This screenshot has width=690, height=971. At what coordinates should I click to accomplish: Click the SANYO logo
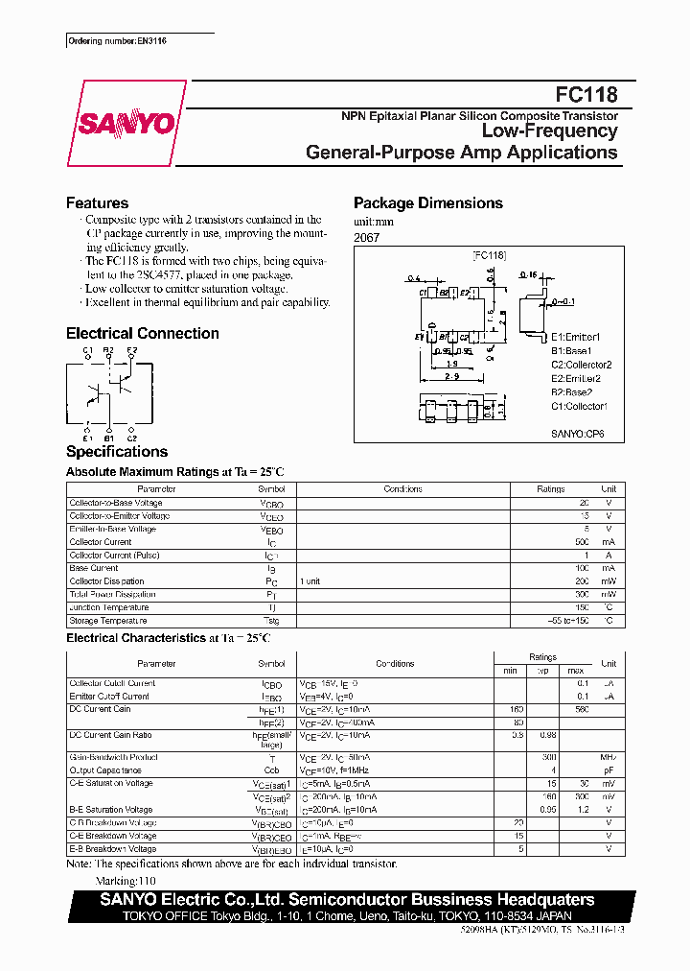click(126, 123)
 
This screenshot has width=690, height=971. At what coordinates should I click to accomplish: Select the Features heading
click(97, 203)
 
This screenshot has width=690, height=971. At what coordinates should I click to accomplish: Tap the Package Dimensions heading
click(427, 203)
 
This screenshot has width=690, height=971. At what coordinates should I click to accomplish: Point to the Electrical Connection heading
click(142, 334)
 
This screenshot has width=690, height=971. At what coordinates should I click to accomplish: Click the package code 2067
click(367, 237)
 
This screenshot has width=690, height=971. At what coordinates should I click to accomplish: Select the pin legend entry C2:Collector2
click(581, 365)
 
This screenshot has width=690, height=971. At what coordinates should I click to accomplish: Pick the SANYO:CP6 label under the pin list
click(577, 434)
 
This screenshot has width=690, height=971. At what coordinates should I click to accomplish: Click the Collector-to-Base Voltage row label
click(116, 503)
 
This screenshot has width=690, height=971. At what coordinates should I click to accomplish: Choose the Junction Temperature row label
click(109, 607)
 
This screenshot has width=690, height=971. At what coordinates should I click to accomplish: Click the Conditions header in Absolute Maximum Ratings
click(402, 489)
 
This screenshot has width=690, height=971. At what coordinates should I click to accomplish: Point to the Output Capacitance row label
click(105, 770)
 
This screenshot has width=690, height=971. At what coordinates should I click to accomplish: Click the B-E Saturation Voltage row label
click(111, 810)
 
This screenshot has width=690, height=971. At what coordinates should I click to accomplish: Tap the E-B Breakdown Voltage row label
click(113, 849)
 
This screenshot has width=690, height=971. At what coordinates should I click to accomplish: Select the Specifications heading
click(117, 452)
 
